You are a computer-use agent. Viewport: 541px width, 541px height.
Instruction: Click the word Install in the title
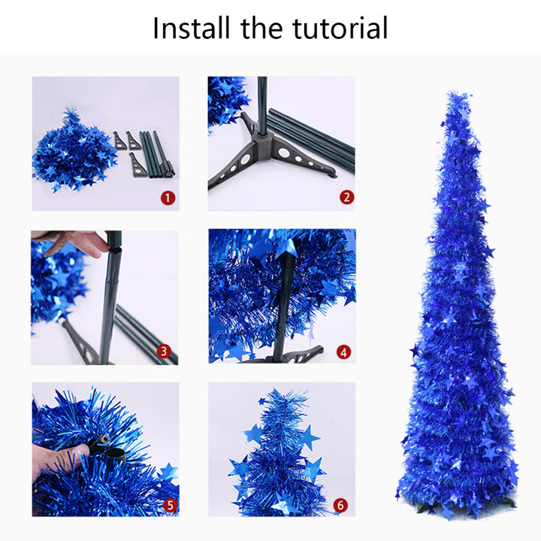tap(192, 29)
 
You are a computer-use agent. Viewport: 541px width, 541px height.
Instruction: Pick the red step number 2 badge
tap(346, 198)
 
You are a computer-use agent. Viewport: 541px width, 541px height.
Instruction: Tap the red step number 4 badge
tap(344, 351)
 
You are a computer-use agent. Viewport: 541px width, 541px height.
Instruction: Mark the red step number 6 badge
tap(340, 504)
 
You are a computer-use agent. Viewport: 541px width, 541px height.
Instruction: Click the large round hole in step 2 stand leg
tap(284, 153)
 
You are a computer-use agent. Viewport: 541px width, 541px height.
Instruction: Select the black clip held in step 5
tap(104, 445)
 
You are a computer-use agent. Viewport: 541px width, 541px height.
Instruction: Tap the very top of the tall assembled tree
tap(455, 95)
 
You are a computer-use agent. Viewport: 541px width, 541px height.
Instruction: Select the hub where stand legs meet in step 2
tap(263, 140)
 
